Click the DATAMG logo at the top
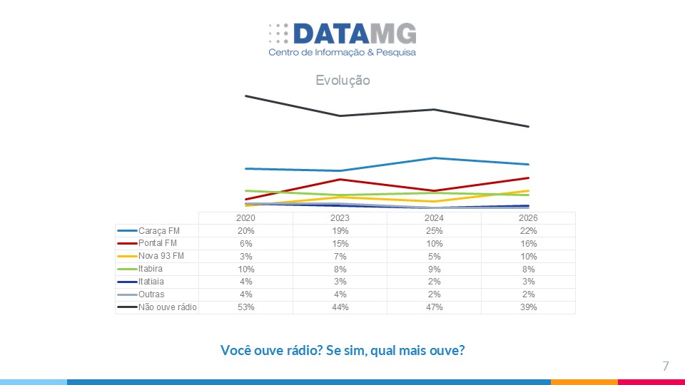pos(342,34)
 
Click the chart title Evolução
pos(342,81)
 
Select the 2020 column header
pos(245,218)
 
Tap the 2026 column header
pos(528,218)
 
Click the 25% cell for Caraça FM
pos(434,231)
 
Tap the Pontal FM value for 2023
pos(340,244)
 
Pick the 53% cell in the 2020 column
pos(245,307)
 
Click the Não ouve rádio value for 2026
pos(528,307)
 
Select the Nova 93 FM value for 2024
pos(434,257)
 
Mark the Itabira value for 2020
pos(245,269)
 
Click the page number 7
pos(665,366)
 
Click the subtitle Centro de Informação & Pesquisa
pos(342,53)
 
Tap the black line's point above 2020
pos(246,96)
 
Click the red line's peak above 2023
pos(340,179)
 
